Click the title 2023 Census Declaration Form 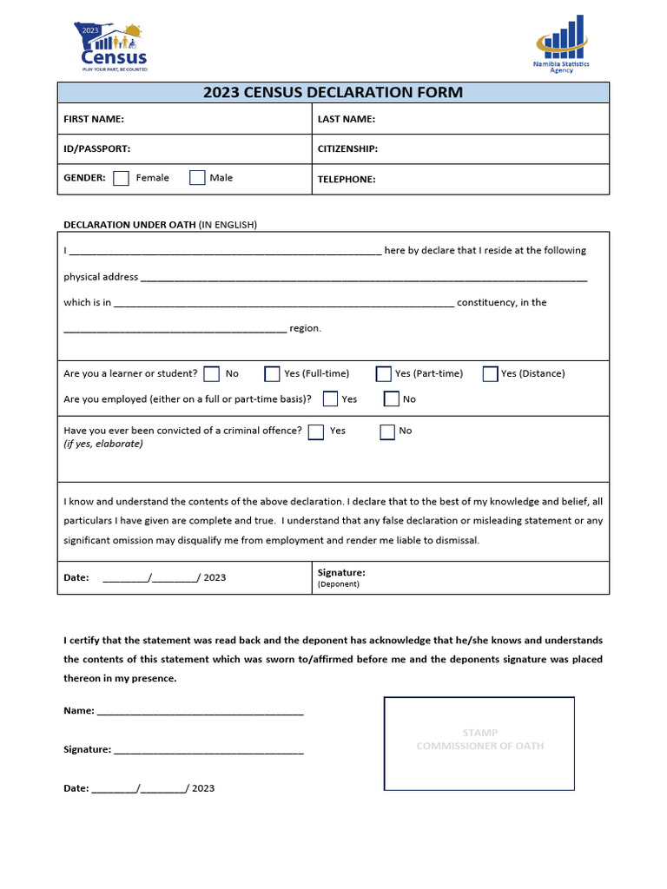point(333,93)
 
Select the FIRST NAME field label point(94,119)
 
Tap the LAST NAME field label point(347,119)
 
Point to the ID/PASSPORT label point(97,148)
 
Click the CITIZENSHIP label point(347,148)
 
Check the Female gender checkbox point(122,178)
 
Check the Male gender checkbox point(197,178)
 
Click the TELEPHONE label point(347,179)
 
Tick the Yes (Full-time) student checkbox point(272,374)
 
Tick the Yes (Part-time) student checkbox point(383,374)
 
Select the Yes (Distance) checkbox point(490,374)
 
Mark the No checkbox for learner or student point(212,374)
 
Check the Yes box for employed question point(330,399)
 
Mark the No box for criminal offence point(387,431)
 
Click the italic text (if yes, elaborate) point(103,444)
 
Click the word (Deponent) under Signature point(339,584)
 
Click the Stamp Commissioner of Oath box point(479,743)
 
